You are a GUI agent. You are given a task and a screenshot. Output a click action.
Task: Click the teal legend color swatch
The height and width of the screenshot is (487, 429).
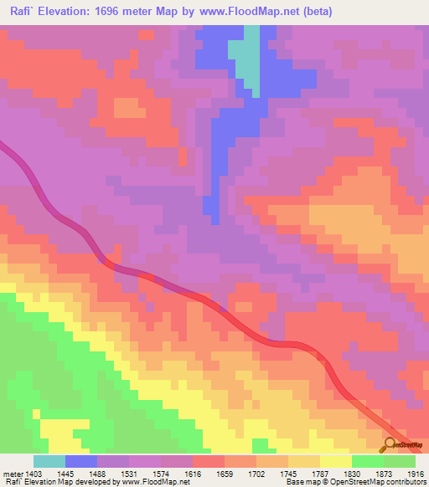[49, 461]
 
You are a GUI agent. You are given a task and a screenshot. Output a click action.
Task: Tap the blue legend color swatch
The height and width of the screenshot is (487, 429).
[81, 461]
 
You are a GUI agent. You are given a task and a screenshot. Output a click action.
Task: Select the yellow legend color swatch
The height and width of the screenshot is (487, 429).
[336, 461]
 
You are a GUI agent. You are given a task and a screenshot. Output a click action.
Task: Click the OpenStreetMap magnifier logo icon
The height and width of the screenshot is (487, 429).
[390, 444]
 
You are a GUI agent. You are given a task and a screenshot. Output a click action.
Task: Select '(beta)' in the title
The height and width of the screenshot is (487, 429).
[318, 13]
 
